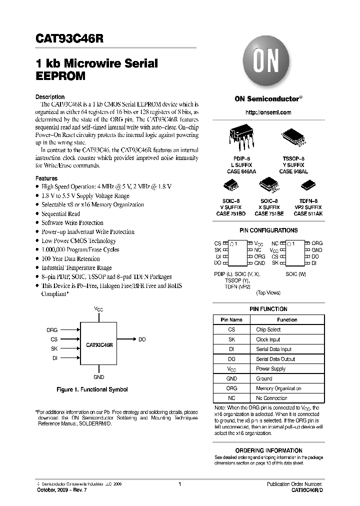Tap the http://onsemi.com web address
(268, 112)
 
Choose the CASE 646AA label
(241, 171)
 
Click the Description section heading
(50, 97)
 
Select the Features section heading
(46, 178)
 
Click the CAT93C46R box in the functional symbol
(99, 345)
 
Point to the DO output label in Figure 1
(142, 339)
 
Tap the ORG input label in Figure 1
(52, 330)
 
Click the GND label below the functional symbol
(99, 377)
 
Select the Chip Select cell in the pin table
(268, 330)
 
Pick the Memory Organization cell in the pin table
(278, 388)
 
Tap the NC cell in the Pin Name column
(231, 398)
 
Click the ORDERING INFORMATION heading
(268, 450)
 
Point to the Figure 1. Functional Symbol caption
(91, 389)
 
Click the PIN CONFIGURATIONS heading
(268, 230)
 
